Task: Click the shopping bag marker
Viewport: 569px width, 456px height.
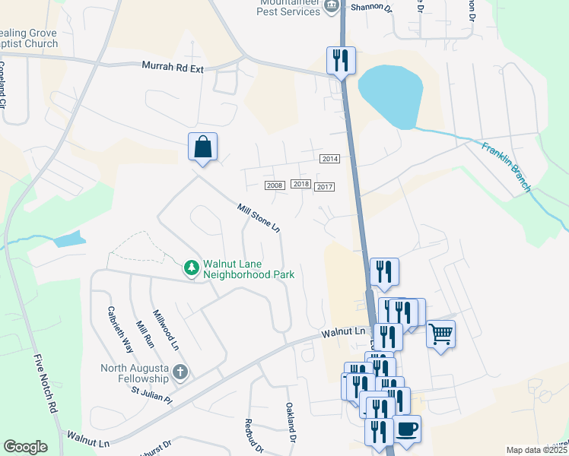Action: coord(202,146)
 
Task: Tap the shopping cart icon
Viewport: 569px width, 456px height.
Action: coord(440,333)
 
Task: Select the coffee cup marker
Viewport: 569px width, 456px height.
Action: coord(407,428)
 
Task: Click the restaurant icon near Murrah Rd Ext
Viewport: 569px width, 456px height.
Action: coord(340,59)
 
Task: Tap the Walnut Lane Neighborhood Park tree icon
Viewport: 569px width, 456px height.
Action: coord(192,268)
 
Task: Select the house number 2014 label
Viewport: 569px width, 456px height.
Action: coord(329,158)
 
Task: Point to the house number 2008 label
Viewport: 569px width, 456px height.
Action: coord(275,185)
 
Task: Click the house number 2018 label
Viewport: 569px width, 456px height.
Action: coord(300,184)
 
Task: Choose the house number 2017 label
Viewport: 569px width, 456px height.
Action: coord(325,186)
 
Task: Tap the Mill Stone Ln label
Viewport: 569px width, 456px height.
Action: coord(259,218)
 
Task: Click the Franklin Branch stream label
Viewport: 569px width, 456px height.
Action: coord(507,166)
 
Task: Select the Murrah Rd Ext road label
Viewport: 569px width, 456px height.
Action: coord(173,66)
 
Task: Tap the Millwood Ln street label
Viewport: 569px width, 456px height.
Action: coord(165,329)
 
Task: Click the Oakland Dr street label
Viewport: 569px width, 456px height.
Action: coord(290,423)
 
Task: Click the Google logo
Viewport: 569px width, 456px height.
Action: coord(26,446)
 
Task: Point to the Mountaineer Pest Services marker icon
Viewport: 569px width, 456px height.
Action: coord(331,7)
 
